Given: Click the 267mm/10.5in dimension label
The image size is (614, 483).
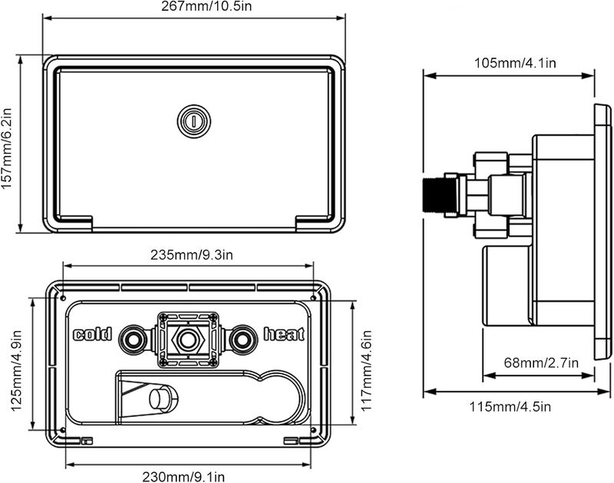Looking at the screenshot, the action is [206, 7].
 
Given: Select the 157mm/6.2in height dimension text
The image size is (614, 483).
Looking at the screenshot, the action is [7, 148].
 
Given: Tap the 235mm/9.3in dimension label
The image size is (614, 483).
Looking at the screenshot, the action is [192, 255].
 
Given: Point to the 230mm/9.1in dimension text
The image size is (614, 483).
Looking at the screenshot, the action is [183, 477].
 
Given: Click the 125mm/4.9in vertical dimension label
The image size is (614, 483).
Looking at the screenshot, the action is [16, 371].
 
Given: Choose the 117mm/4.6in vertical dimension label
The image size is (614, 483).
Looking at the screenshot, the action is [366, 371].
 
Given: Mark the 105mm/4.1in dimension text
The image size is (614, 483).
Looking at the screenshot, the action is [515, 63].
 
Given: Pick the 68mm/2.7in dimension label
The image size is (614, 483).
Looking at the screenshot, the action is [541, 362].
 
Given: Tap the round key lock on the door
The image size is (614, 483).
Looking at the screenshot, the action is [194, 121].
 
